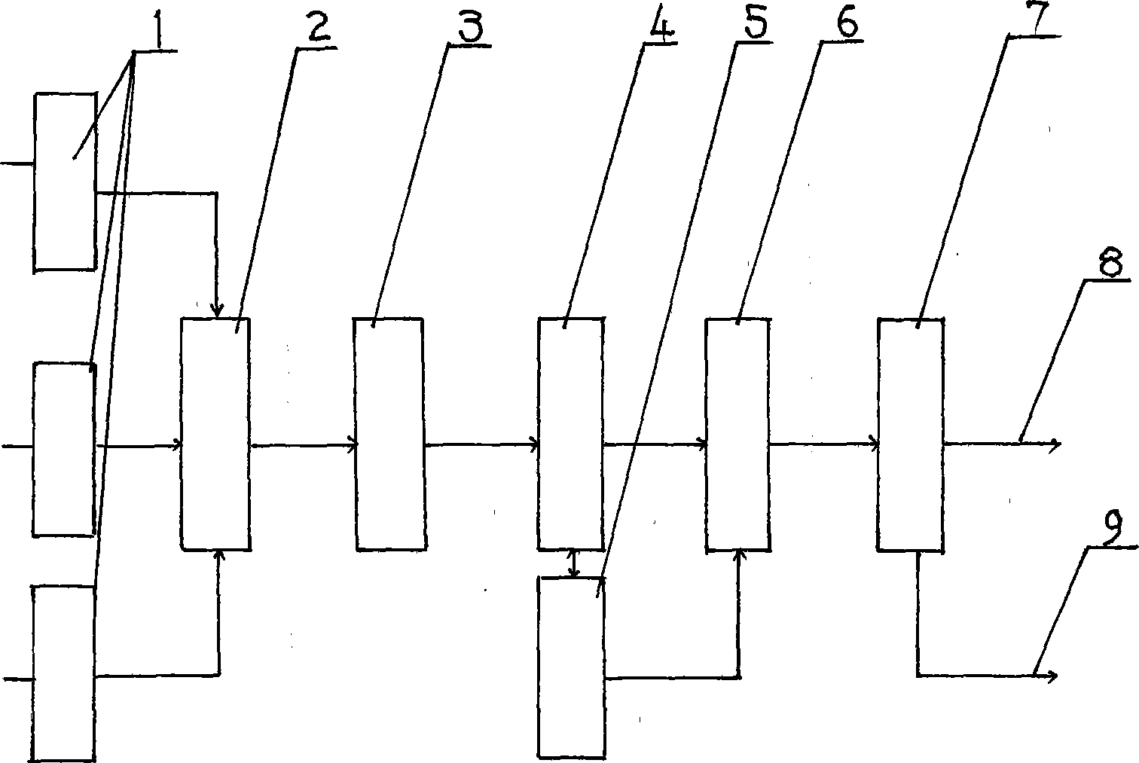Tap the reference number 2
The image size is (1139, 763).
pos(317,26)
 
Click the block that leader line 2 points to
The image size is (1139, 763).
pos(215,434)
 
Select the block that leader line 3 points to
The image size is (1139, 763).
pos(389,434)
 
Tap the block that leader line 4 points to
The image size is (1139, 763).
pos(570,434)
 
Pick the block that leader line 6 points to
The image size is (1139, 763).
pos(737,434)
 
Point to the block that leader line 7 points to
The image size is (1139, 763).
pos(910,434)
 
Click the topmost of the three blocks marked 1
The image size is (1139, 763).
pos(65,182)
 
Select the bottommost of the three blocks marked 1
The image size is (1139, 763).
pos(63,673)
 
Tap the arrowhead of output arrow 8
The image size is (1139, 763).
pos(1056,444)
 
